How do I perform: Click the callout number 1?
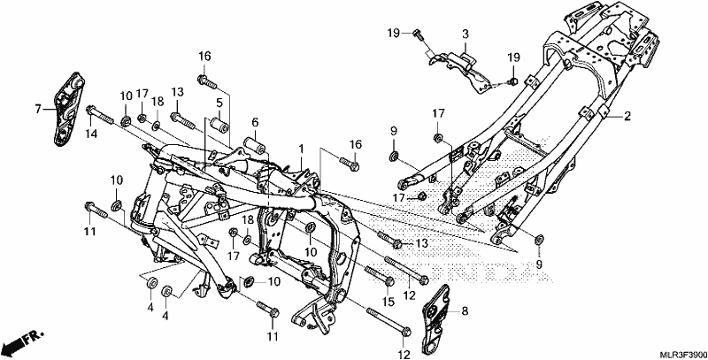[x=301, y=149]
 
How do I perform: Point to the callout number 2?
[x=627, y=117]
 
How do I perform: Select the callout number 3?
[x=466, y=34]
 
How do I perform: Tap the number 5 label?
[x=219, y=102]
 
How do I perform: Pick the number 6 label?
[x=255, y=122]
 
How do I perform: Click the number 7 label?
[x=38, y=109]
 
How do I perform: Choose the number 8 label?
[x=466, y=310]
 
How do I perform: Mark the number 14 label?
[x=92, y=134]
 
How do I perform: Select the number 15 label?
[x=389, y=301]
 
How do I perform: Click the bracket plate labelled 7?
[x=67, y=109]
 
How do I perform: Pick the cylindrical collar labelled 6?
[x=254, y=146]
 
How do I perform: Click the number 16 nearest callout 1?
[x=356, y=144]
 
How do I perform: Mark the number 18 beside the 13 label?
[x=158, y=101]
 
